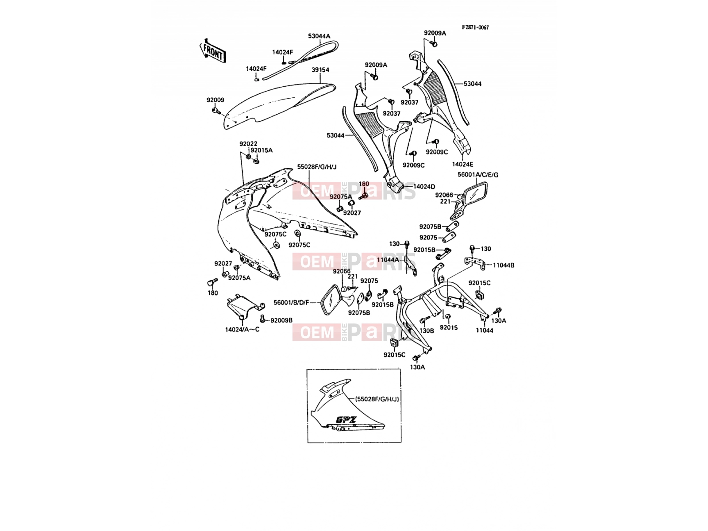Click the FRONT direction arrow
[212, 51]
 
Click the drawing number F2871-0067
[475, 28]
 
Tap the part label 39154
[320, 69]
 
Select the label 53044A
[319, 36]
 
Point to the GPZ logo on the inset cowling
[346, 420]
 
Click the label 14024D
[424, 187]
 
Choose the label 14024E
[462, 165]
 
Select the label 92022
[248, 144]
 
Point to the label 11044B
[504, 265]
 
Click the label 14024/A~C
[242, 330]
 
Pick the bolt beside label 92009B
[262, 319]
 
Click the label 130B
[427, 331]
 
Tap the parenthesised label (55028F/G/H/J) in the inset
[377, 399]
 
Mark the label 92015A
[262, 150]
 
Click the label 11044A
[388, 260]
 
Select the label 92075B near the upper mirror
[430, 227]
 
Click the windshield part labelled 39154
[277, 105]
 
